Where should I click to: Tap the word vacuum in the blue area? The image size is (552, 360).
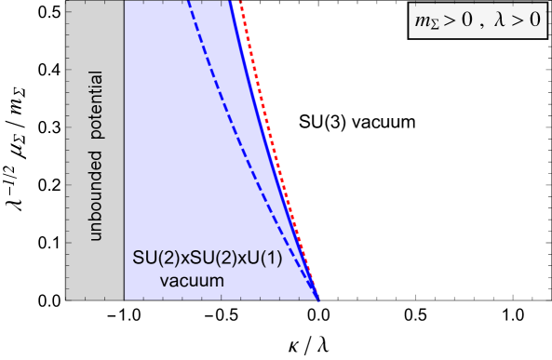click(x=191, y=280)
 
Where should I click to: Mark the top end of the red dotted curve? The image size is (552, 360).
click(x=237, y=3)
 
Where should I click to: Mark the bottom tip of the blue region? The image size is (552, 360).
click(x=317, y=299)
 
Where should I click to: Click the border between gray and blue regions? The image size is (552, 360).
click(x=124, y=149)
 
